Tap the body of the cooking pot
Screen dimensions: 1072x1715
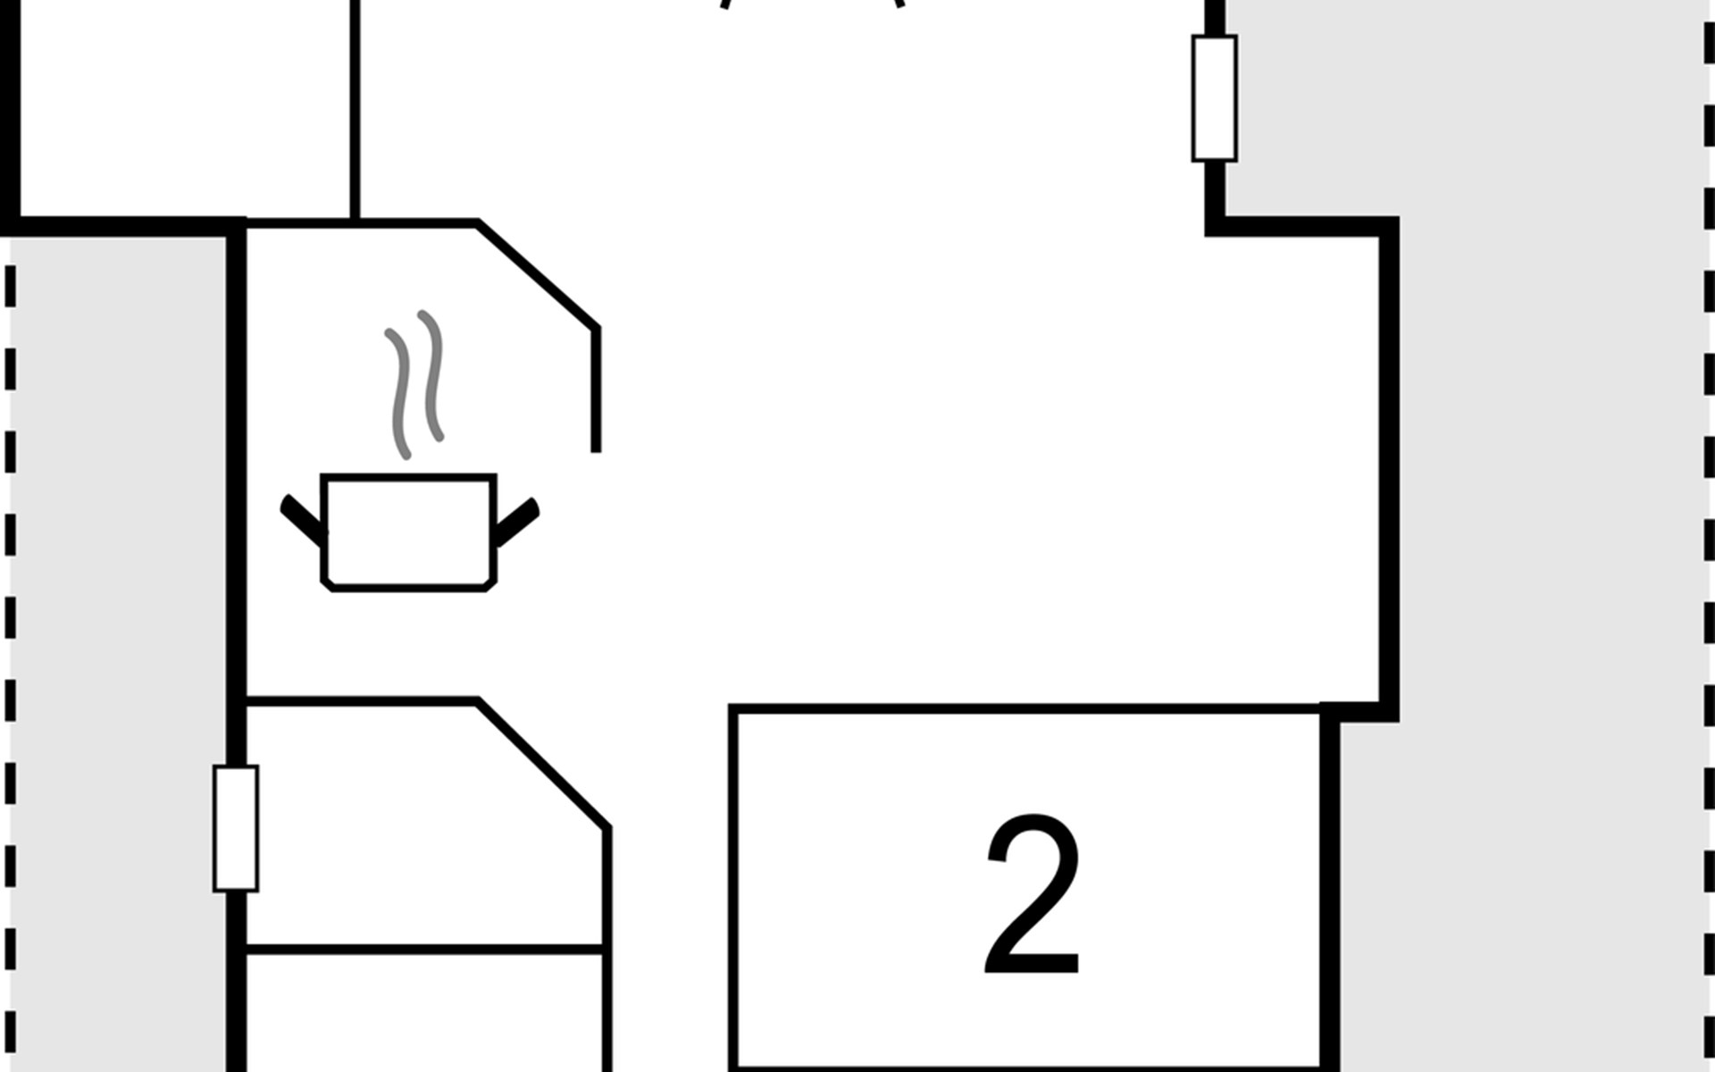[x=408, y=532]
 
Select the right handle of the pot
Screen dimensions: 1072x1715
[x=517, y=522]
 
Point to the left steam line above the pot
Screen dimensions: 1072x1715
[x=399, y=393]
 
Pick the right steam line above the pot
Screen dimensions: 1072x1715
[x=432, y=375]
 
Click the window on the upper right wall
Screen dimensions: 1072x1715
[x=1214, y=98]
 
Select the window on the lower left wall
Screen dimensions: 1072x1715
[x=236, y=828]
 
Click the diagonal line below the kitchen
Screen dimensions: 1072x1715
[x=543, y=765]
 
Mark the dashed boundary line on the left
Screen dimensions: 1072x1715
[x=11, y=625]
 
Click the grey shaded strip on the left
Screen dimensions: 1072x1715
[x=116, y=625]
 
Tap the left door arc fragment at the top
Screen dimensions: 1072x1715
[x=725, y=4]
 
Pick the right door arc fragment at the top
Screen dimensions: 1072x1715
[x=899, y=4]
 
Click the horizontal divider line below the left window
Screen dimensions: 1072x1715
[x=424, y=949]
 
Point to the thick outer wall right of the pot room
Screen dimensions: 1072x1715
[x=1388, y=465]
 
